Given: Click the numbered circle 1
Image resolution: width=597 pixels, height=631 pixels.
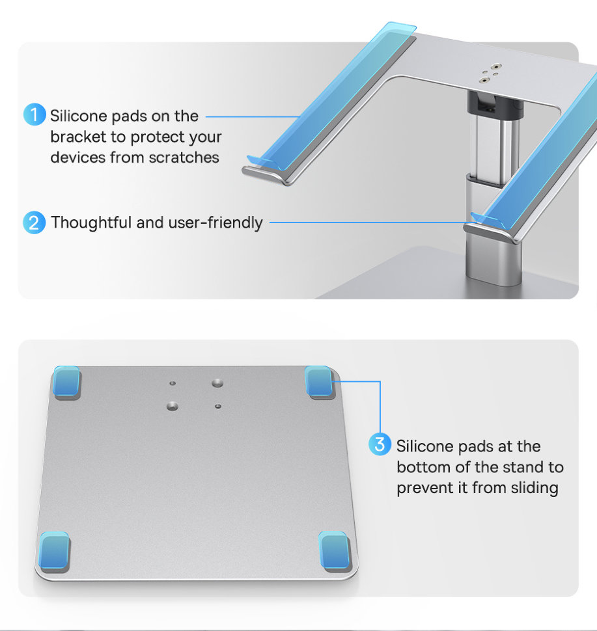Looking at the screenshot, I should [x=35, y=115].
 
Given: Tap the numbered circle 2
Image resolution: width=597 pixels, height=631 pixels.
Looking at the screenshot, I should [x=34, y=222].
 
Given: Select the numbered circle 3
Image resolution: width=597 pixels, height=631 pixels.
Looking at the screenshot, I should [x=380, y=446].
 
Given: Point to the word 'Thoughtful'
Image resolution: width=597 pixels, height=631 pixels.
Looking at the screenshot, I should [x=91, y=222].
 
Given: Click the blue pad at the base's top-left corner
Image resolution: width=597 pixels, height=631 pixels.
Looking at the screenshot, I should [x=66, y=382].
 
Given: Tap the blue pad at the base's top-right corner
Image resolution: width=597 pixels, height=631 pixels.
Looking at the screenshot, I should [x=318, y=381].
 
